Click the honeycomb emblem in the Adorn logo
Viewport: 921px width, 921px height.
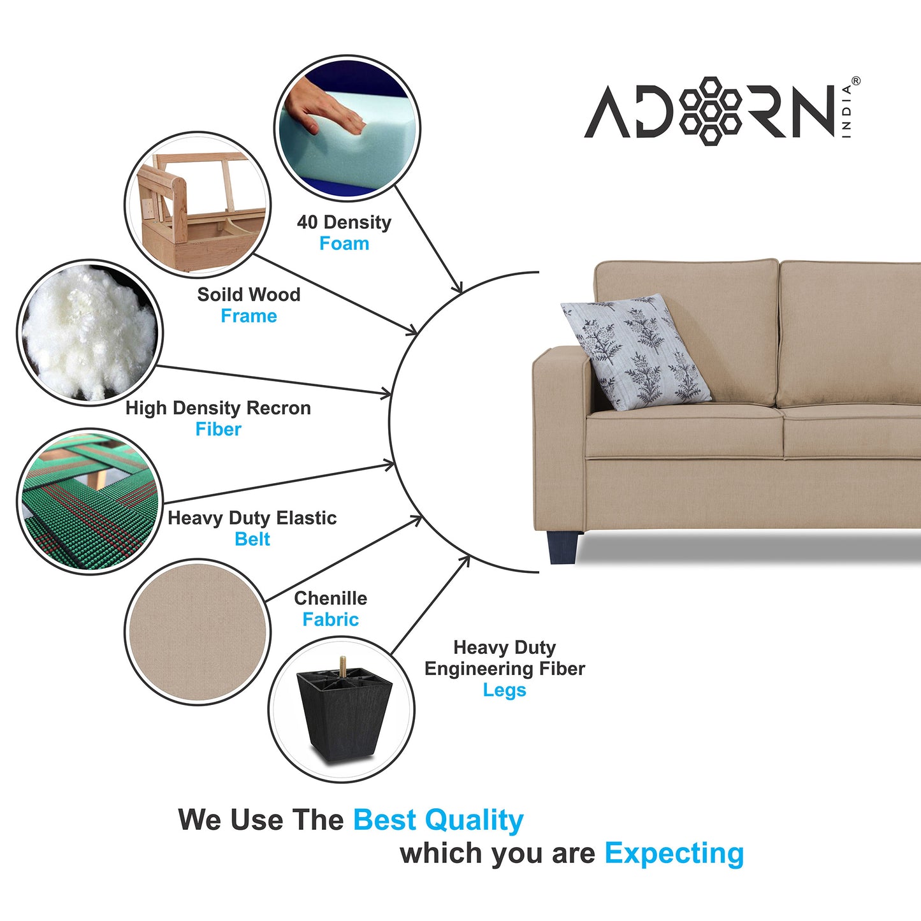[x=710, y=111]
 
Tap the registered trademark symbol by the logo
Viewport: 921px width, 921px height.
[x=855, y=81]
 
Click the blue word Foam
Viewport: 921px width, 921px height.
[x=344, y=243]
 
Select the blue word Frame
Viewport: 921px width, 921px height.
[x=249, y=316]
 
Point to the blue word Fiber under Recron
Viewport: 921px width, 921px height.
[x=219, y=429]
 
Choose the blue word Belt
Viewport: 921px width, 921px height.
[x=252, y=539]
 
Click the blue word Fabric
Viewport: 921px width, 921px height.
[x=330, y=619]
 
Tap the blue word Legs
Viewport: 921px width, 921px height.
[x=504, y=690]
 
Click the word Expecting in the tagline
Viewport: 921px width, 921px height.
[x=674, y=853]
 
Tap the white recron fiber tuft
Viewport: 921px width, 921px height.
[x=89, y=332]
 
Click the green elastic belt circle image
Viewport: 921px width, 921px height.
[x=90, y=501]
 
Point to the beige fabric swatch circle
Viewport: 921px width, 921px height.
[x=198, y=632]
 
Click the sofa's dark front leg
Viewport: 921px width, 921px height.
[x=564, y=548]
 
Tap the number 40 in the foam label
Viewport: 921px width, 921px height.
[x=307, y=222]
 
